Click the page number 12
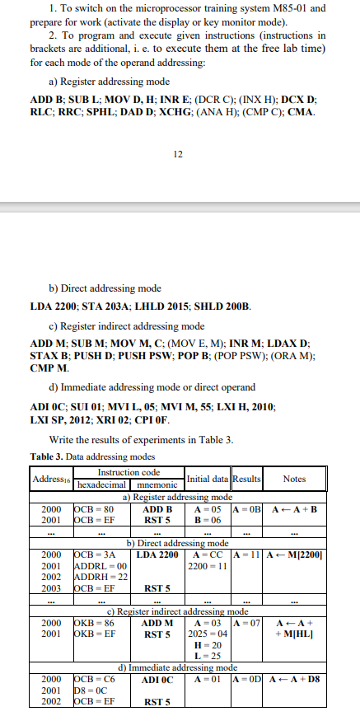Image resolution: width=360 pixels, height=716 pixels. pyautogui.click(x=179, y=153)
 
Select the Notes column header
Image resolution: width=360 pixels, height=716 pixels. pyautogui.click(x=293, y=478)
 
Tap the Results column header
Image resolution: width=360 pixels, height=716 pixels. pyautogui.click(x=246, y=478)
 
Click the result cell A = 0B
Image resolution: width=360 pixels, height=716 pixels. pyautogui.click(x=246, y=509)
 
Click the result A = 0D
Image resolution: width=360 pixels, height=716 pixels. pyautogui.click(x=246, y=679)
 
